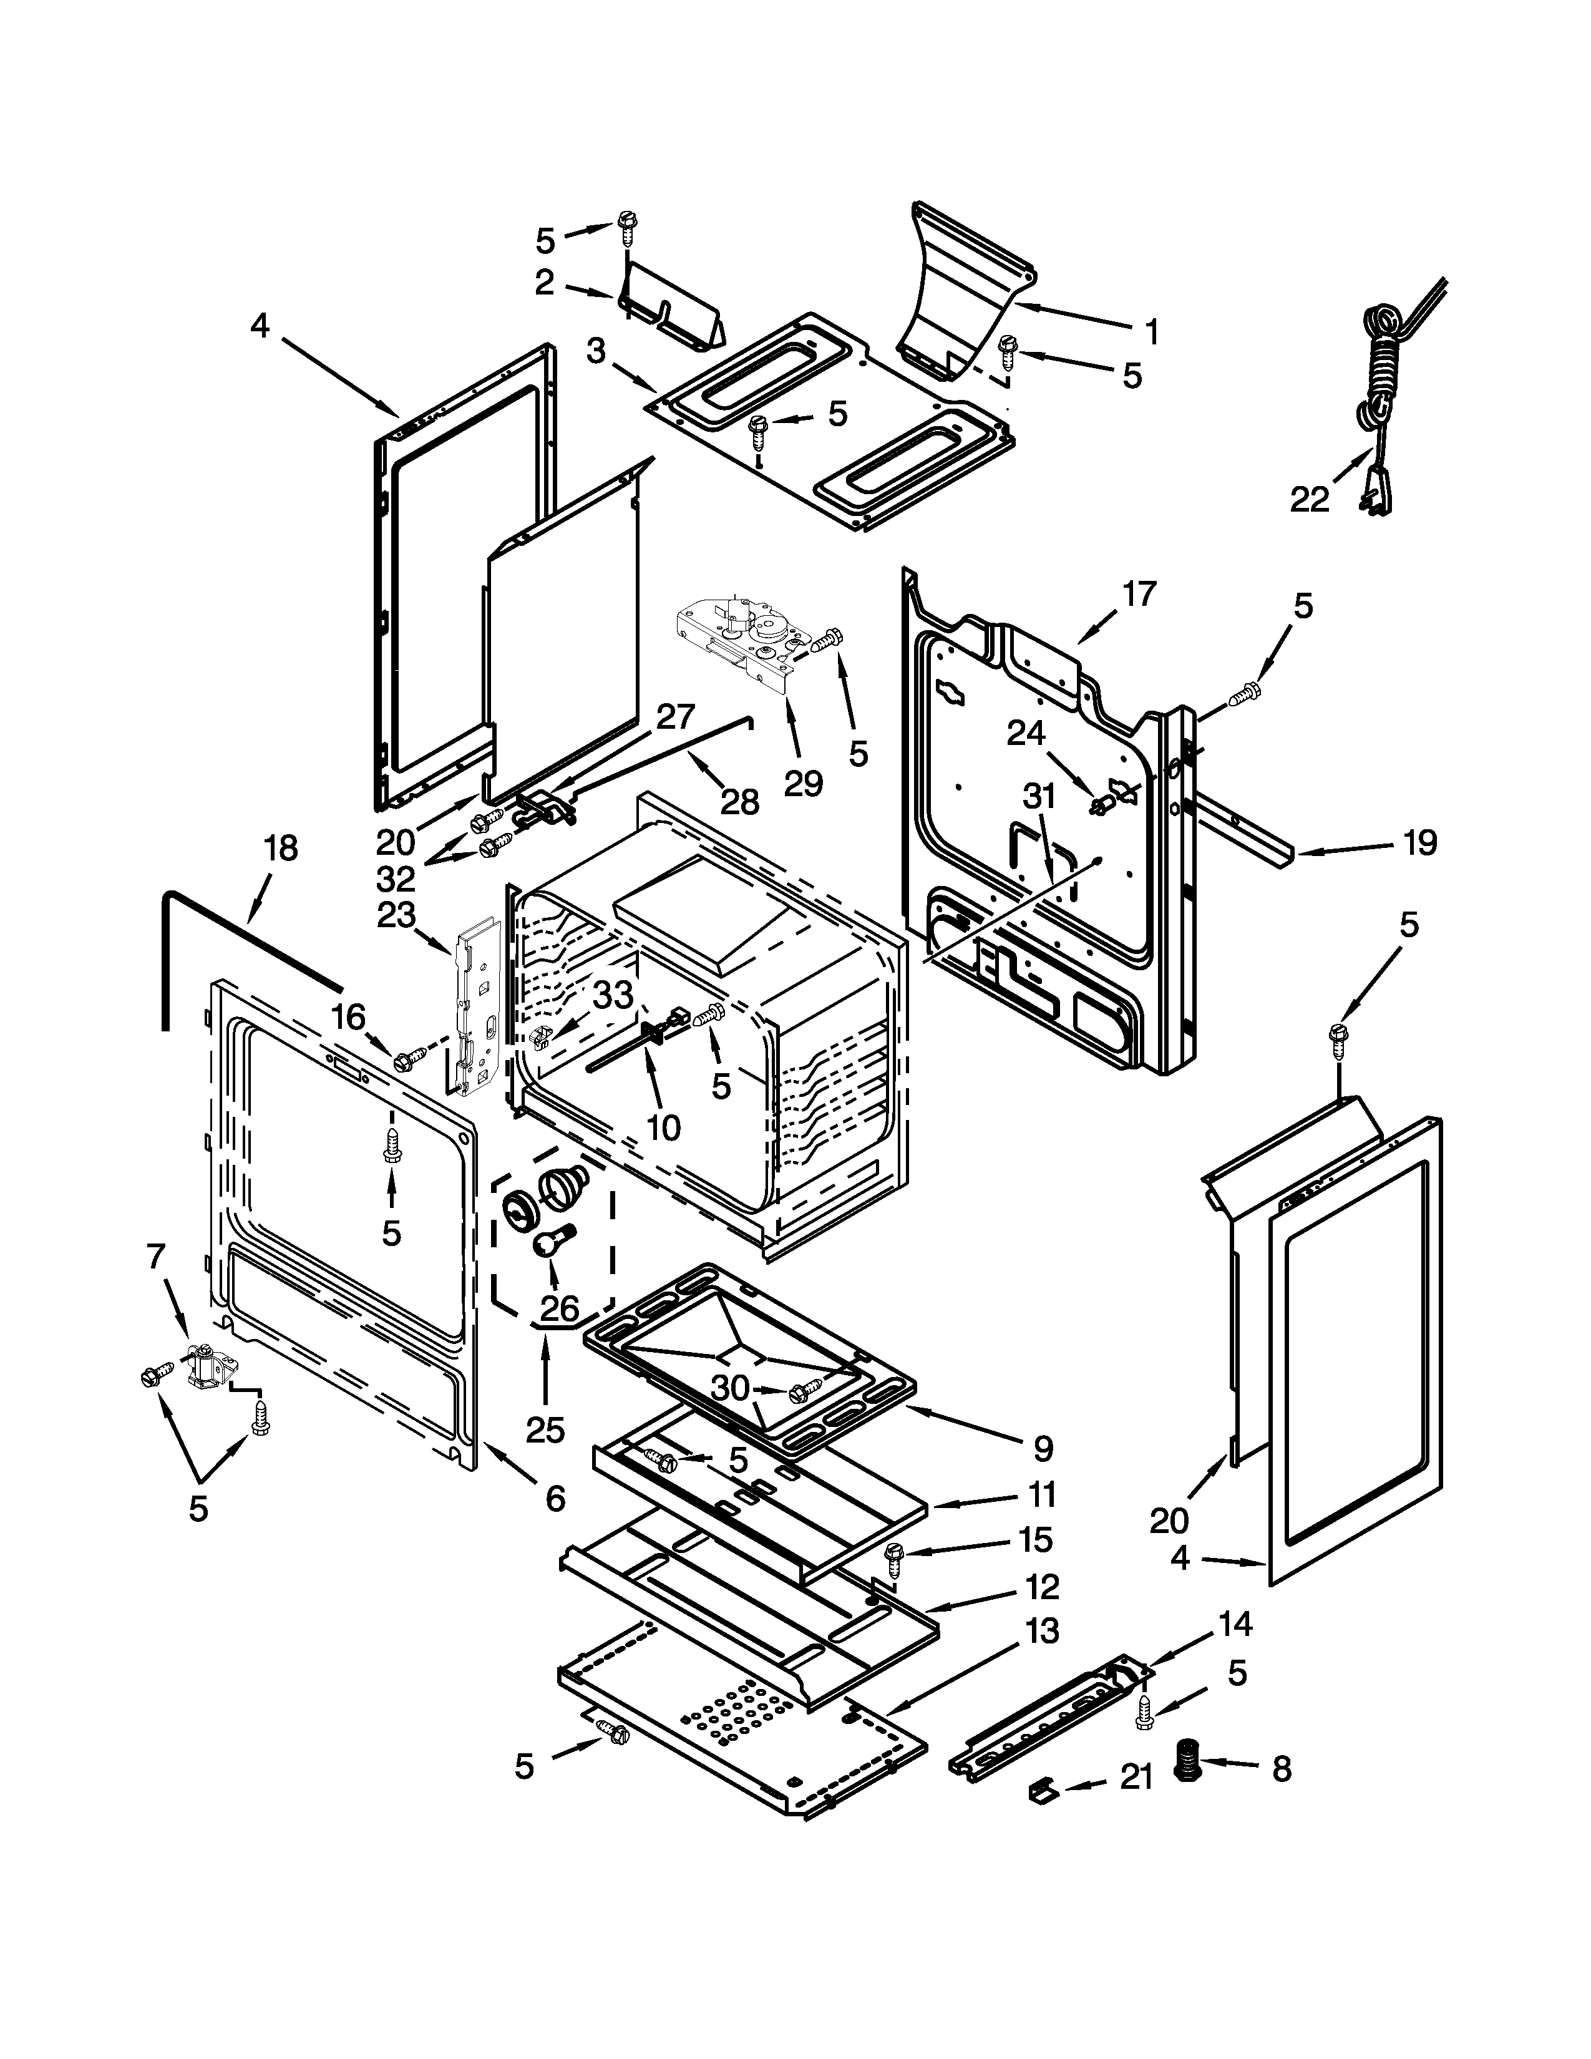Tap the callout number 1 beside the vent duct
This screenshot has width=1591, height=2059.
coord(1151,332)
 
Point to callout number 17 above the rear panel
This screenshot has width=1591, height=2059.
coord(1139,594)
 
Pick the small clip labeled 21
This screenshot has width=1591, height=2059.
coord(1041,1788)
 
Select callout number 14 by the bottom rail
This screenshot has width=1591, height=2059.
coord(1235,1623)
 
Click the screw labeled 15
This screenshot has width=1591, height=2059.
coord(893,1559)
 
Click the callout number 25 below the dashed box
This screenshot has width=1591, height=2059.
coord(545,1429)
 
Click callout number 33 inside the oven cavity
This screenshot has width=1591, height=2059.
coord(613,995)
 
